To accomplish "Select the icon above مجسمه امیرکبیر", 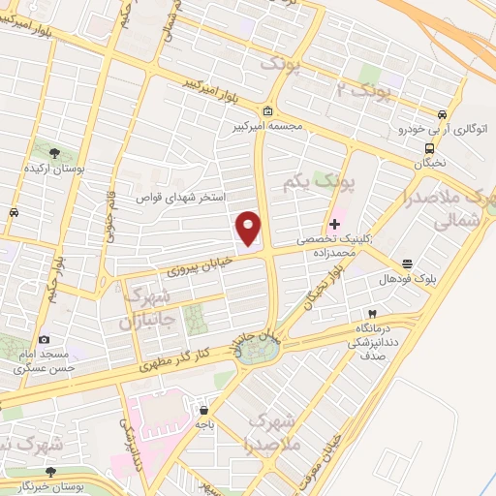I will [266, 110].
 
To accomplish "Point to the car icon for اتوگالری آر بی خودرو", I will [442, 112].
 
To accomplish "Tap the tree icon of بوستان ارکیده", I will [53, 152].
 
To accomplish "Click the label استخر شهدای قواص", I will [185, 197].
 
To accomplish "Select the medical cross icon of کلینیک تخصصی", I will [335, 224].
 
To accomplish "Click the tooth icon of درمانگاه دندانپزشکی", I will [372, 315].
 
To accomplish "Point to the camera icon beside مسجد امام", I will [45, 340].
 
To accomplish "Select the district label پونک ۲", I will [354, 91].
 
